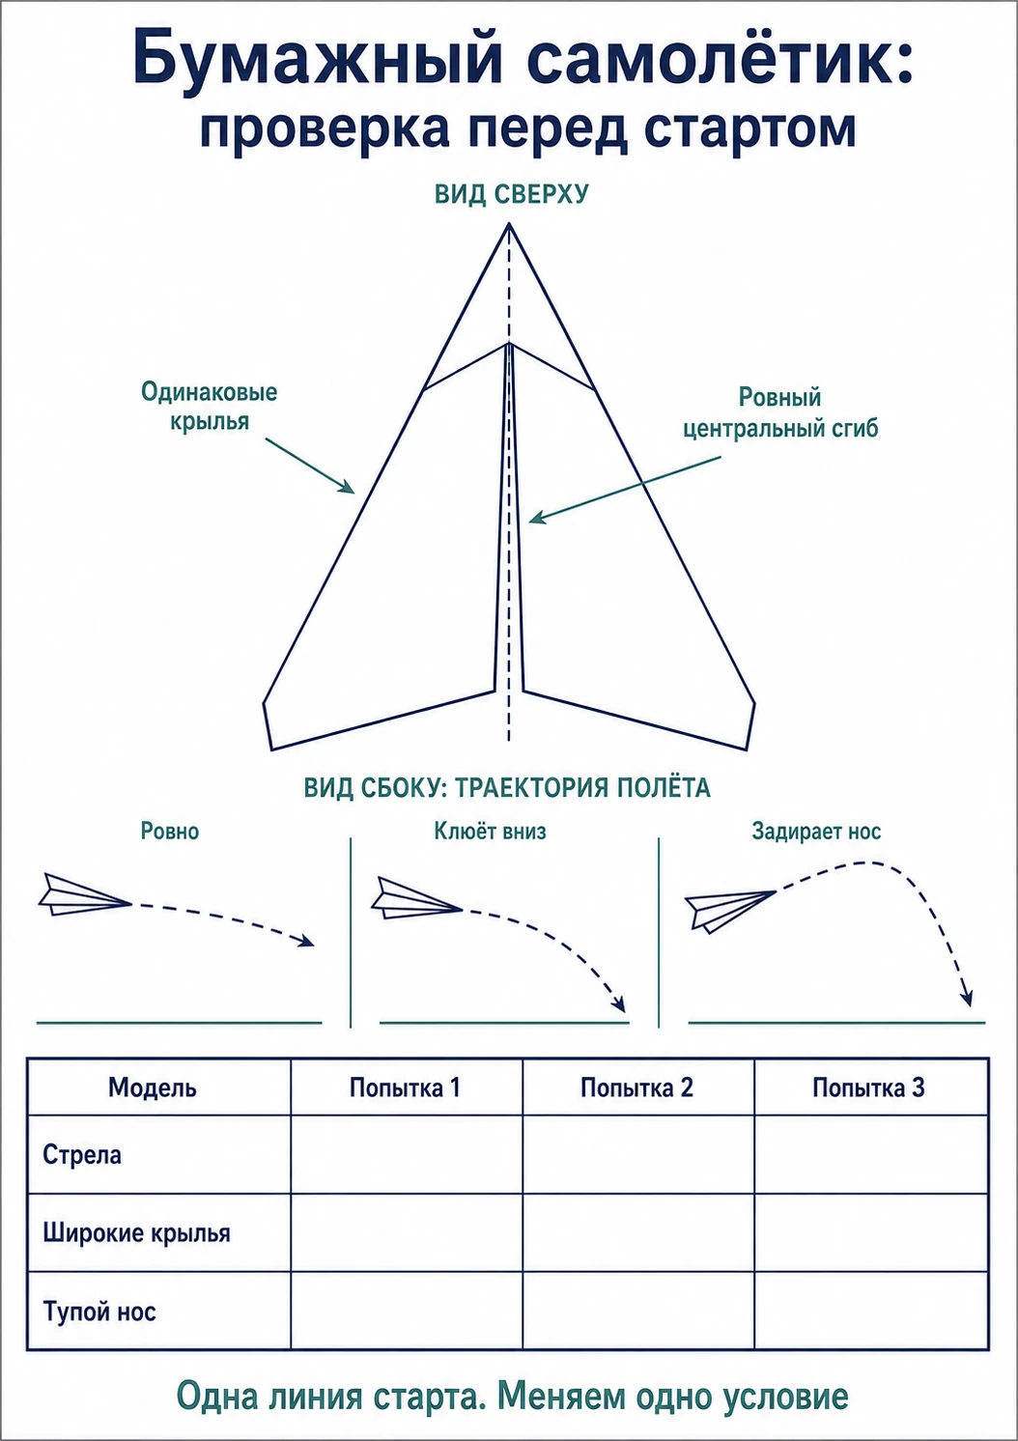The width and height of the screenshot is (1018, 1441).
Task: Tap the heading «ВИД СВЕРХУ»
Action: coord(512,194)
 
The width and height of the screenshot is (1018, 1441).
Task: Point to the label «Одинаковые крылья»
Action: coord(210,406)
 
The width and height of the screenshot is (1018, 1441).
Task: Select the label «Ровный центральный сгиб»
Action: coord(779,412)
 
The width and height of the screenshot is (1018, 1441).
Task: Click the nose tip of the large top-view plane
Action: coord(509,224)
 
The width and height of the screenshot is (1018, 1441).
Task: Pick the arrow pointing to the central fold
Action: coord(624,490)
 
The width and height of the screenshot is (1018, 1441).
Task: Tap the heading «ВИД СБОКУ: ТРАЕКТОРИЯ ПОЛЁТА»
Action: coord(507,788)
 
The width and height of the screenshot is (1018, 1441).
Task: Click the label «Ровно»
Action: coord(170,832)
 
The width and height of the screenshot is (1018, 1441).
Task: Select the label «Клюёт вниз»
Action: coord(491,832)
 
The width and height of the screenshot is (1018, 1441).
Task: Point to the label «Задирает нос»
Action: coord(816,832)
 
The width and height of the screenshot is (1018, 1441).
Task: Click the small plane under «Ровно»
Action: coord(85,895)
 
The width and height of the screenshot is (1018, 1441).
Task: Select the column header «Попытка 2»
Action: coord(637,1088)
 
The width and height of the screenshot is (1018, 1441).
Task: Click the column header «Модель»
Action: coord(153,1088)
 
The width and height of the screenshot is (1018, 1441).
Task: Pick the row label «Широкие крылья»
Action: coord(136,1233)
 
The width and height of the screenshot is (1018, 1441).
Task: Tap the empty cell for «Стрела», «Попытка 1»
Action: coord(407,1155)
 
